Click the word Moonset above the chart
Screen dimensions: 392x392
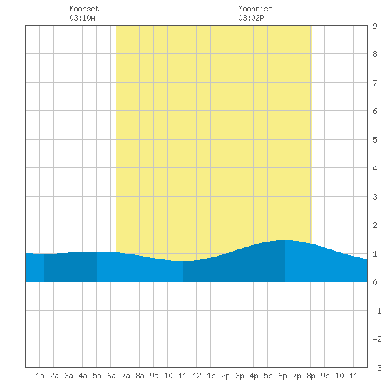tap(84, 9)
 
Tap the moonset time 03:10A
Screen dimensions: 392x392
tap(82, 18)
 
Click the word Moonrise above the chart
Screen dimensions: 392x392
tap(255, 9)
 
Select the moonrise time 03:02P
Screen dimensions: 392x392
tap(251, 18)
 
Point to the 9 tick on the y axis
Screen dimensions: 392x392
tap(375, 26)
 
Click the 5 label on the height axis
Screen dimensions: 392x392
tap(375, 140)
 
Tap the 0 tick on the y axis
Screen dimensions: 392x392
tap(375, 282)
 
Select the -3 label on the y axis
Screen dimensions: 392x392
tap(377, 368)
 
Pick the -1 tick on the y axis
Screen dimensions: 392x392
tap(377, 311)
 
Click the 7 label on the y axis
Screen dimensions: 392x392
tap(375, 83)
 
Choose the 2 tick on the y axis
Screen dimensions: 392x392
tap(375, 225)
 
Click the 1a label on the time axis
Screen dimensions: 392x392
tap(40, 376)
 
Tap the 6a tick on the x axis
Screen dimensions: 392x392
tap(111, 376)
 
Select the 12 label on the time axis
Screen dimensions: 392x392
tap(197, 376)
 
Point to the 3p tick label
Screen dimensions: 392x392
tap(239, 376)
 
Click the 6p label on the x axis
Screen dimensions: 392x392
tap(282, 376)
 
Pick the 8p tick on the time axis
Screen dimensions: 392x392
tap(311, 376)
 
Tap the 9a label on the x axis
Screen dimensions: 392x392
tap(154, 376)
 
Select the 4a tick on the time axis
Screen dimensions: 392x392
tap(83, 376)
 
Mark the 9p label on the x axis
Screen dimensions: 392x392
tap(325, 376)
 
